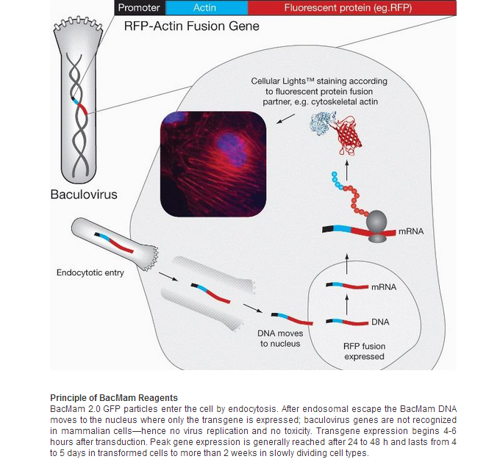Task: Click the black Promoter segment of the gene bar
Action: (140, 7)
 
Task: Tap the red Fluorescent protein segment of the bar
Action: (352, 7)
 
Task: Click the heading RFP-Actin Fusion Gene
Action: (192, 26)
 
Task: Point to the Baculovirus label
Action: (84, 195)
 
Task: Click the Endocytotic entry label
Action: (90, 272)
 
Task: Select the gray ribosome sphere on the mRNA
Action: (376, 220)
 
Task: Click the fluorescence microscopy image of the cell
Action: (213, 164)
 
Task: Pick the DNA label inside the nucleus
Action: (380, 322)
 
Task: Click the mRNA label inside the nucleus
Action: (384, 287)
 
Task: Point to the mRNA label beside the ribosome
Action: (411, 231)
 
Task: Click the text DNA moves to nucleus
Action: (280, 339)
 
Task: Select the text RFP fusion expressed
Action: (364, 351)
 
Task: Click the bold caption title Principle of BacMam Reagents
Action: (114, 398)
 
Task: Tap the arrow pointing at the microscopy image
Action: (285, 118)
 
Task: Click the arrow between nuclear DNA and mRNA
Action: (347, 305)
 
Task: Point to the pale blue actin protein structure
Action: (322, 123)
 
